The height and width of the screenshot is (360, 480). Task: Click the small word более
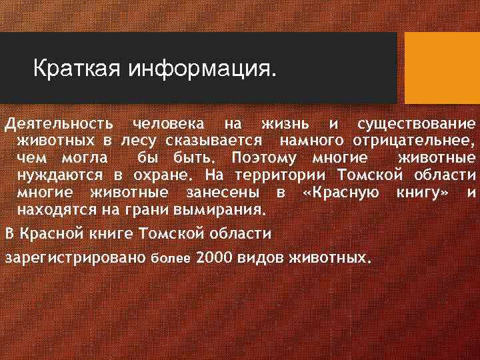[x=171, y=257]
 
